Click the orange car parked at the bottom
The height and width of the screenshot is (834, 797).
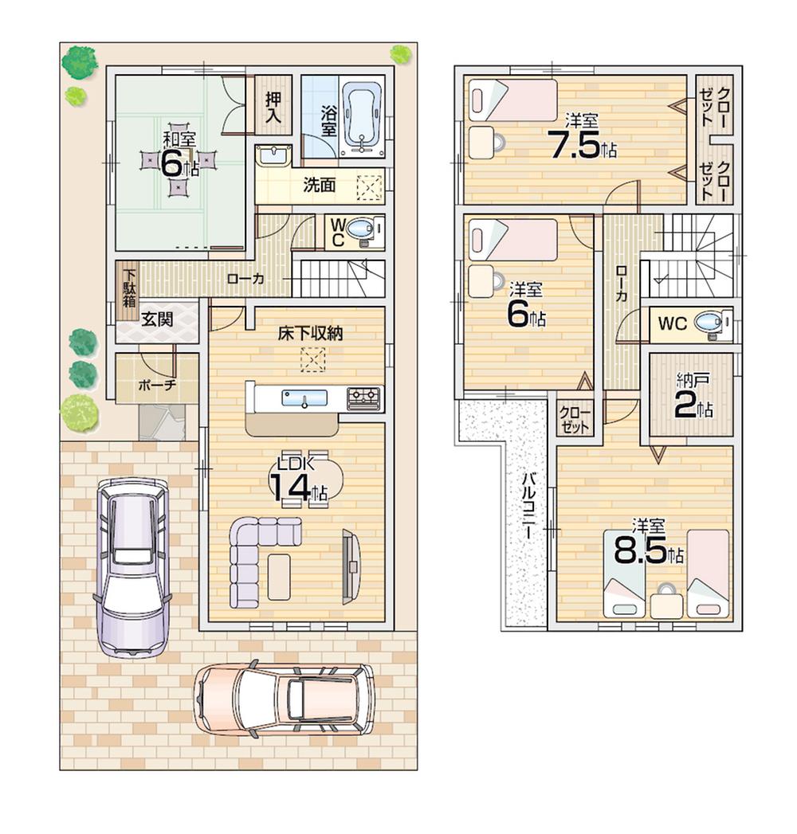(x=284, y=699)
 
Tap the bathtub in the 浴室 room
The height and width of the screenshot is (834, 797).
(x=363, y=120)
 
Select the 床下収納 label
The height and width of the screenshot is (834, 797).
(x=310, y=334)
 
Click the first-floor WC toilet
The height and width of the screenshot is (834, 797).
(x=363, y=230)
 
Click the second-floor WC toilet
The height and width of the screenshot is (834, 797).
(x=709, y=323)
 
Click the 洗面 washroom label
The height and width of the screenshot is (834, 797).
(x=319, y=186)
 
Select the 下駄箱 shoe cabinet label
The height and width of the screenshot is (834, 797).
(x=128, y=292)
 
